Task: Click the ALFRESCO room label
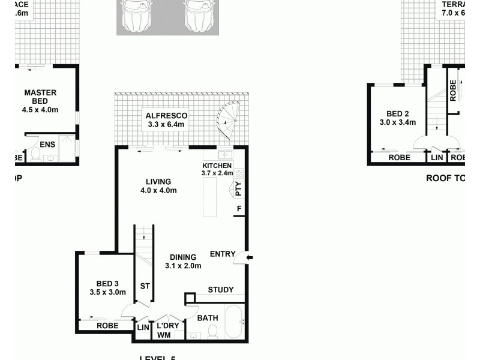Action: tap(167, 115)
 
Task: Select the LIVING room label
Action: tap(158, 182)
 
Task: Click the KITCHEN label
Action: tap(216, 166)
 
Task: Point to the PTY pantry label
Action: tap(238, 189)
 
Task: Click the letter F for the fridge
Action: tap(239, 209)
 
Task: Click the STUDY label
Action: tap(220, 290)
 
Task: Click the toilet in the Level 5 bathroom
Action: tap(211, 332)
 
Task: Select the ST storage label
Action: tap(145, 286)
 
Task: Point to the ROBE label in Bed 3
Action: tap(106, 326)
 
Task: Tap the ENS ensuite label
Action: tap(47, 145)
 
